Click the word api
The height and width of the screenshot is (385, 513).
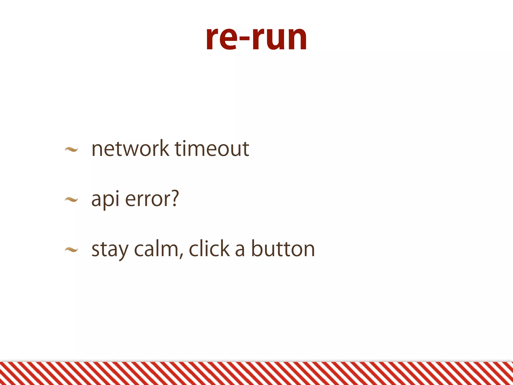[105, 199]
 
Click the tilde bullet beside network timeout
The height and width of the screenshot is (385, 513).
[71, 150]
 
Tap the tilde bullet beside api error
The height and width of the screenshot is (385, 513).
[71, 200]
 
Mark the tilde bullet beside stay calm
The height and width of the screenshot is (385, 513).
[71, 249]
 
